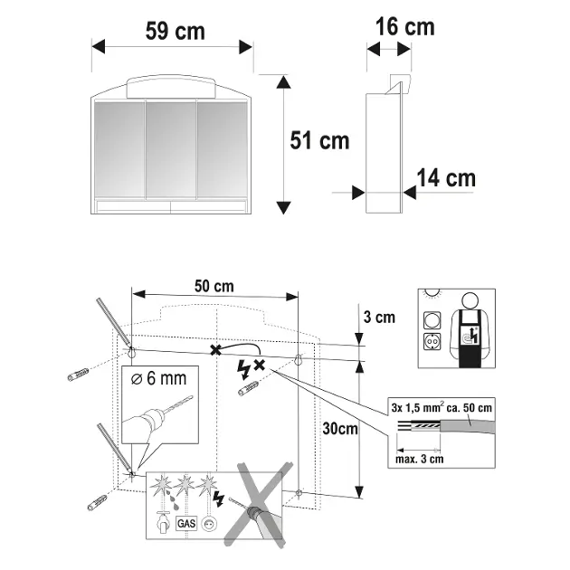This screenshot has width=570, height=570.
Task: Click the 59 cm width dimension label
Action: pos(175,31)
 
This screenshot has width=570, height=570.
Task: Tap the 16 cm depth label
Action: pos(404,27)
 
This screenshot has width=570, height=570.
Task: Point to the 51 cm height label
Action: pos(319,140)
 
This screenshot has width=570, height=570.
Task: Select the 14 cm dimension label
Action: pos(446,178)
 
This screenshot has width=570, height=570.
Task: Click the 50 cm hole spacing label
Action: pos(214,286)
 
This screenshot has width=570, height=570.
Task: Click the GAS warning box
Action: pos(186,523)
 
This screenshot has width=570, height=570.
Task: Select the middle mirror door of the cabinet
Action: pos(170,148)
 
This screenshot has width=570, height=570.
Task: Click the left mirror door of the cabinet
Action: pos(119,148)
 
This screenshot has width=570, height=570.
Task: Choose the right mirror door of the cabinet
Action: pos(222,148)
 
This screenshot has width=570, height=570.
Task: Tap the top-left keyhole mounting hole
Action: pos(132,349)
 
